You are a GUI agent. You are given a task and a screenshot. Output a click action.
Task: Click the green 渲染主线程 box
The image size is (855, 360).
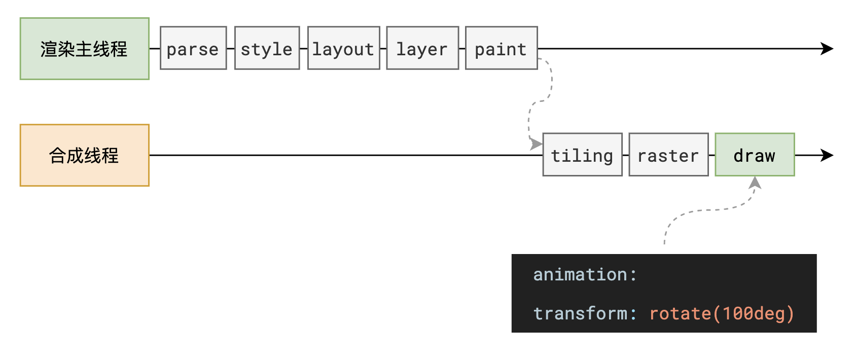[84, 49]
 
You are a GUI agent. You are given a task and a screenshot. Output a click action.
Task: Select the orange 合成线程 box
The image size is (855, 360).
[84, 155]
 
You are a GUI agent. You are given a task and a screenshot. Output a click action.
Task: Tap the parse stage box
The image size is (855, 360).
[193, 48]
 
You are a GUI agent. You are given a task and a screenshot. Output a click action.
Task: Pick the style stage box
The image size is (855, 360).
[267, 48]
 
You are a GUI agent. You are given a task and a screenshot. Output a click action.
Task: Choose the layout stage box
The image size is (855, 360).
[343, 48]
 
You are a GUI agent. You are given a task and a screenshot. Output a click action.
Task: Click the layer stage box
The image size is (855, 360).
[422, 48]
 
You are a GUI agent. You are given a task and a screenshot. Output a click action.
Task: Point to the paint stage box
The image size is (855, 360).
[501, 48]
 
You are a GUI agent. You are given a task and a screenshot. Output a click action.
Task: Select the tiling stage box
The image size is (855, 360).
[582, 155]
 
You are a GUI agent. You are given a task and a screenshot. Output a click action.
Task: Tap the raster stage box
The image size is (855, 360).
[668, 155]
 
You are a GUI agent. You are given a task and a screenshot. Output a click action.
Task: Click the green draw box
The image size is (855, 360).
[755, 155]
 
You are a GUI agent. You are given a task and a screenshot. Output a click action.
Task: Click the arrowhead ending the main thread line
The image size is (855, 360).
[828, 49]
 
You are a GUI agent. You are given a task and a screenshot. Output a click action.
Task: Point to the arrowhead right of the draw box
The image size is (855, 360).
[828, 155]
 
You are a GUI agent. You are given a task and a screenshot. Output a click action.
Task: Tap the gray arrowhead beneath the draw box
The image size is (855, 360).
[755, 183]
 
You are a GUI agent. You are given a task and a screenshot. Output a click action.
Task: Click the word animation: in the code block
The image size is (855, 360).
[585, 274]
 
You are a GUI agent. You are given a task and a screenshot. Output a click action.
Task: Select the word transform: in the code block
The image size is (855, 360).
[585, 313]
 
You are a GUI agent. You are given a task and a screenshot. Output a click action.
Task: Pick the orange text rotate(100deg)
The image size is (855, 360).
[721, 313]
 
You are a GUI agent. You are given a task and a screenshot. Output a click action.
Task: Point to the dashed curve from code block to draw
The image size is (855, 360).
[710, 210]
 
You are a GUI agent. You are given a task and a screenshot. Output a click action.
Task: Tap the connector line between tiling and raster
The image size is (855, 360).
[625, 155]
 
